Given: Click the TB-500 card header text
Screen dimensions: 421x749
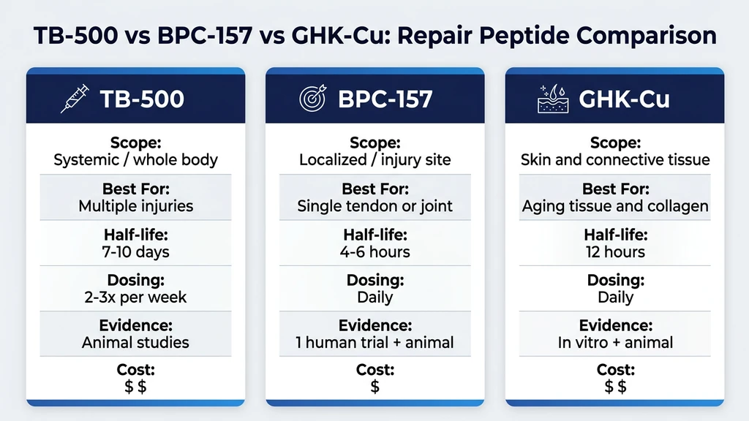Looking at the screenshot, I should pyautogui.click(x=141, y=99).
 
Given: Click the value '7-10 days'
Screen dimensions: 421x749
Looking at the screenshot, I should pyautogui.click(x=136, y=252).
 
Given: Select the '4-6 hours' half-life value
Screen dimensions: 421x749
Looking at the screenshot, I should pyautogui.click(x=375, y=252).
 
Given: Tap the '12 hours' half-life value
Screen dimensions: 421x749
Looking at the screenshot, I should pyautogui.click(x=615, y=252).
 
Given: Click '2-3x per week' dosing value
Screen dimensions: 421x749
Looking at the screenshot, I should pyautogui.click(x=136, y=297).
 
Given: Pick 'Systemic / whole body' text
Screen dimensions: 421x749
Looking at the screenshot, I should pyautogui.click(x=136, y=160).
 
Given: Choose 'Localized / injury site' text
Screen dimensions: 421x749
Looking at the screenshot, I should pyautogui.click(x=375, y=160).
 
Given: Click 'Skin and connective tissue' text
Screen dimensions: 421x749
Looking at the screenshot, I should pyautogui.click(x=615, y=160).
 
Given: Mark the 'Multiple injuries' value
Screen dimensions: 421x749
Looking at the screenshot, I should pyautogui.click(x=136, y=206).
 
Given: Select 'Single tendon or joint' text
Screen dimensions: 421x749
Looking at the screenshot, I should pyautogui.click(x=375, y=206).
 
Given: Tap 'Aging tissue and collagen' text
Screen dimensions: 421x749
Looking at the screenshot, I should pyautogui.click(x=615, y=206).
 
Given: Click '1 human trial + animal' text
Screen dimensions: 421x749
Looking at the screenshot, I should pyautogui.click(x=375, y=343).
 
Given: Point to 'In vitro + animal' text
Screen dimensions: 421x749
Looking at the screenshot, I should pyautogui.click(x=615, y=343).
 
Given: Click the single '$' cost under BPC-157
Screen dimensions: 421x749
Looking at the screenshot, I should pyautogui.click(x=375, y=387).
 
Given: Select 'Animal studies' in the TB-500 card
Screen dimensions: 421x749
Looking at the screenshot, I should pyautogui.click(x=136, y=343).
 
